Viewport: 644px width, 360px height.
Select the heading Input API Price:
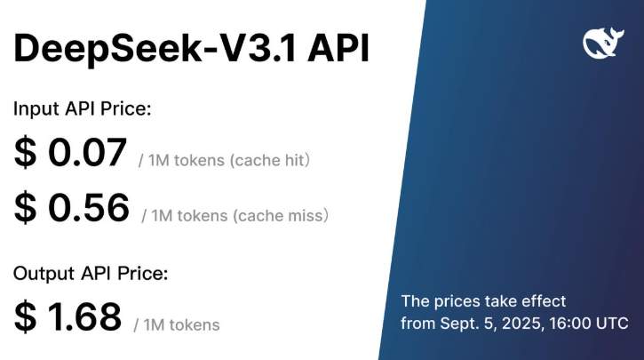point(83,109)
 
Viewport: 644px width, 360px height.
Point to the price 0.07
point(87,154)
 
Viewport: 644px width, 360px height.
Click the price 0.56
point(88,209)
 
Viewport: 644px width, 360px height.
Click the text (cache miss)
point(285,215)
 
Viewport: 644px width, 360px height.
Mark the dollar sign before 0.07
point(25,154)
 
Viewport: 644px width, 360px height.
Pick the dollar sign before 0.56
point(25,209)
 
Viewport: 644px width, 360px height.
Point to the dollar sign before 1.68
point(25,317)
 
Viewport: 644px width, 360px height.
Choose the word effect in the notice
point(544,300)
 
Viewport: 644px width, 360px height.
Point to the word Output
point(37,273)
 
